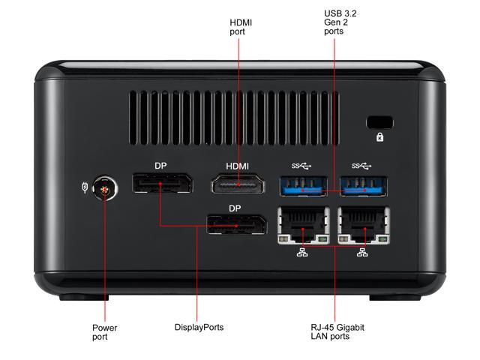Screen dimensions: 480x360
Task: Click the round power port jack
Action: point(105,190)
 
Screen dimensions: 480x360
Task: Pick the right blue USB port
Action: point(364,186)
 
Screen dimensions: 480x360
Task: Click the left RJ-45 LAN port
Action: point(303,224)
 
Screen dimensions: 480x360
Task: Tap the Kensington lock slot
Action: point(379,122)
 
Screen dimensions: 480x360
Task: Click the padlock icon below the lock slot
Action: point(379,138)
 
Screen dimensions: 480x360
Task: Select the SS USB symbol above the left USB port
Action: point(299,166)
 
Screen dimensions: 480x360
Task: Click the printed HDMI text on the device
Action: point(237,166)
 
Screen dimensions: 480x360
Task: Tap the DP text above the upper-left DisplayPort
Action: point(161,166)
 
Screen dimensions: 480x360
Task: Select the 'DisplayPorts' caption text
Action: point(199,328)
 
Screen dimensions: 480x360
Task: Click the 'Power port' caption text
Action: point(104,332)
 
